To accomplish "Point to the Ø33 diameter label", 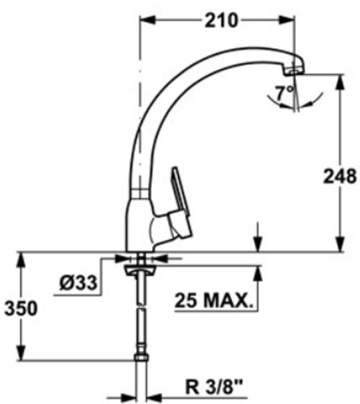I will coord(79,284).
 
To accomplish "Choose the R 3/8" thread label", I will coord(207,387).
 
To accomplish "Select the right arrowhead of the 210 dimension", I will coord(296,22).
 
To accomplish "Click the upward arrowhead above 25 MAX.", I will coord(258,269).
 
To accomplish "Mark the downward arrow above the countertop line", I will coord(258,246).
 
